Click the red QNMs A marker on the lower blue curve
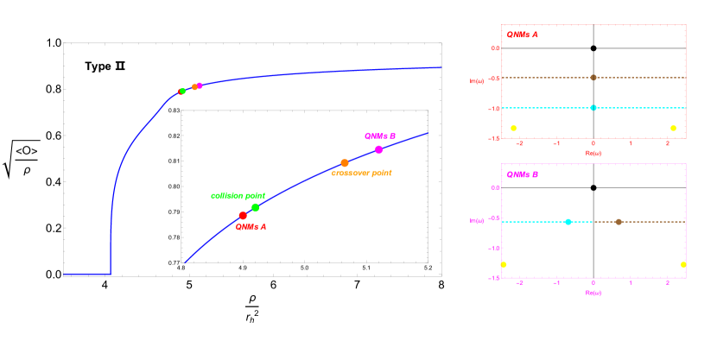[243, 216]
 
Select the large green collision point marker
[255, 207]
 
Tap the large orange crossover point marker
[345, 163]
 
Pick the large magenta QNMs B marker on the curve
[378, 149]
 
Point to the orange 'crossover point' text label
[361, 174]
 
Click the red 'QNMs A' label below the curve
[251, 227]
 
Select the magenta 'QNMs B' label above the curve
[380, 136]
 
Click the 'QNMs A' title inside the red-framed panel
[522, 35]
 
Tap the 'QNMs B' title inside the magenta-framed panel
[523, 174]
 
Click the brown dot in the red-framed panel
[593, 78]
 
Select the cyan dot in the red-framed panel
[593, 108]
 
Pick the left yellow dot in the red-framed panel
[514, 129]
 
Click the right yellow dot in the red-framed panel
[673, 129]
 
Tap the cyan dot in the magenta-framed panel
[568, 222]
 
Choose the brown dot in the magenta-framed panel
[619, 222]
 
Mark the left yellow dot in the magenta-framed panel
[504, 264]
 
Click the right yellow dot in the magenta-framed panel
[683, 264]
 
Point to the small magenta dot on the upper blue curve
[200, 85]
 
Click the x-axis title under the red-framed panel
[593, 152]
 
